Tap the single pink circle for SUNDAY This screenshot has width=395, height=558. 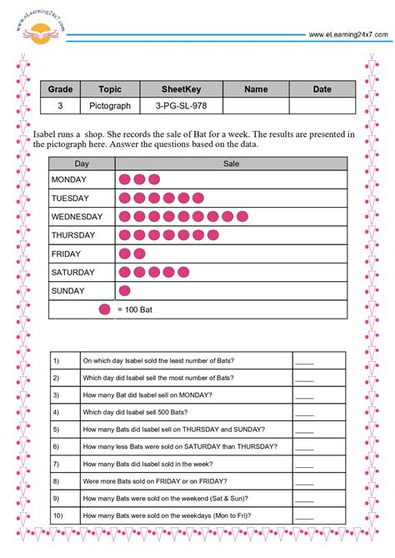125,291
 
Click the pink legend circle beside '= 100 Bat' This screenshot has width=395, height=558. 104,310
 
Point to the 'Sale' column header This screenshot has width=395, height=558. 231,164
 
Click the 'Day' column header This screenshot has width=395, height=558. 82,164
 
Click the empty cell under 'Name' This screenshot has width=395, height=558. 256,107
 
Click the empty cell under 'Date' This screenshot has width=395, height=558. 322,107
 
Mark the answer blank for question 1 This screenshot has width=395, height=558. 304,361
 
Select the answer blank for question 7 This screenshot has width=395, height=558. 304,464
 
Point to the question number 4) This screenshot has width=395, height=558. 56,412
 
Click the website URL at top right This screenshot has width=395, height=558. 347,34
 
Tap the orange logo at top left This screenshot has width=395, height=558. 39,34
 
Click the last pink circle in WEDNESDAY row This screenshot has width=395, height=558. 242,217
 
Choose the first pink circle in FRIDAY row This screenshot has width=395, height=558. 125,254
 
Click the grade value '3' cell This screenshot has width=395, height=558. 60,107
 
